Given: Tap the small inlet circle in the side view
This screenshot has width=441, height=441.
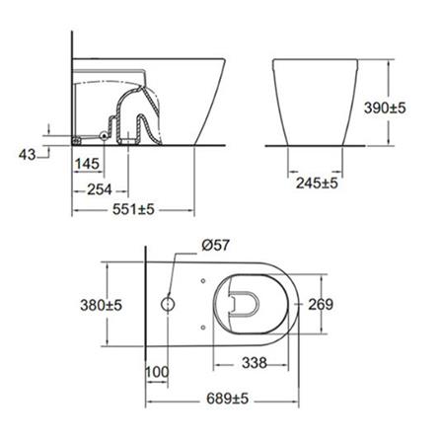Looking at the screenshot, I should point(105,131).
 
